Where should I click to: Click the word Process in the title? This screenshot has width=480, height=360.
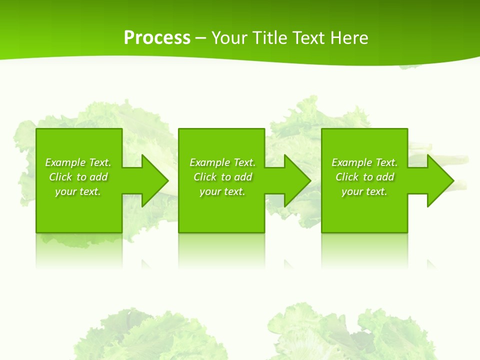pos(157,38)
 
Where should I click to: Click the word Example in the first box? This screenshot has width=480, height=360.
pos(65,162)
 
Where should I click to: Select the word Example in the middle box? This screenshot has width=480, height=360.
pos(209,162)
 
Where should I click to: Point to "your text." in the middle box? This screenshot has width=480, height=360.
pos(222,191)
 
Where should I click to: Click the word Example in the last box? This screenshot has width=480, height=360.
pos(351,162)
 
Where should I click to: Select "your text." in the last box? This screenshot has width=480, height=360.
pos(364,191)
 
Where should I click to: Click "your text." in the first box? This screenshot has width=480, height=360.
pos(78,191)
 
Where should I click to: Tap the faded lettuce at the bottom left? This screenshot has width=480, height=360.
pos(145,335)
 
